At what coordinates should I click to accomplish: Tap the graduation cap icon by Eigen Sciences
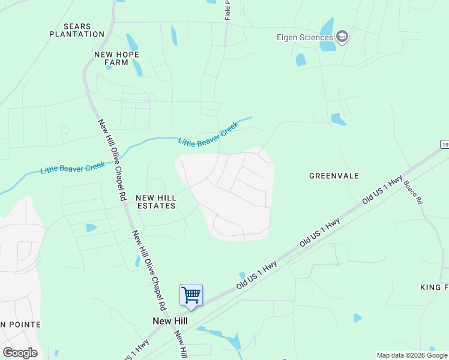tap(343, 37)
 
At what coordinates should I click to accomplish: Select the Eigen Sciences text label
tap(305, 38)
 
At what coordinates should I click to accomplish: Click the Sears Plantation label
tap(77, 31)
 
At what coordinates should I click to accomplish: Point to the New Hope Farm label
tap(116, 58)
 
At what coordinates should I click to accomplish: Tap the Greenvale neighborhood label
tap(334, 176)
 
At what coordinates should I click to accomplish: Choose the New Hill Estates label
tap(155, 202)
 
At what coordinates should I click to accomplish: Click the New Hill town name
tap(170, 321)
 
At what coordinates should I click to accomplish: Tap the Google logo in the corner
tap(20, 353)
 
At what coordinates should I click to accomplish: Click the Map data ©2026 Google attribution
tap(412, 355)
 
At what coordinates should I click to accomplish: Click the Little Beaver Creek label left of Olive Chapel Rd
tap(73, 167)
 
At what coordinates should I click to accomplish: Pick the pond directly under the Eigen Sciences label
tap(301, 60)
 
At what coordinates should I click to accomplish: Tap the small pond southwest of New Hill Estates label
tap(91, 228)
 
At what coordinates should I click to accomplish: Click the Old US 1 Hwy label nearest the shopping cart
tap(256, 274)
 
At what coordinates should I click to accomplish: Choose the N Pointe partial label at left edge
tap(20, 325)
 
